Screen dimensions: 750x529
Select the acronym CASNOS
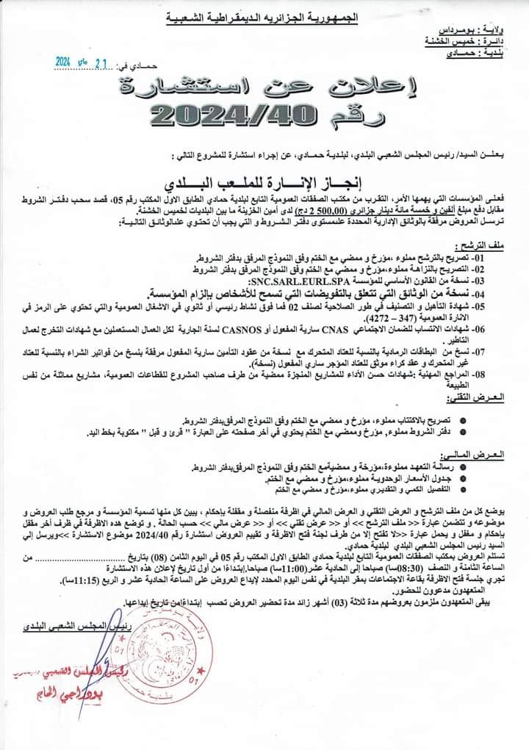[238, 331]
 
